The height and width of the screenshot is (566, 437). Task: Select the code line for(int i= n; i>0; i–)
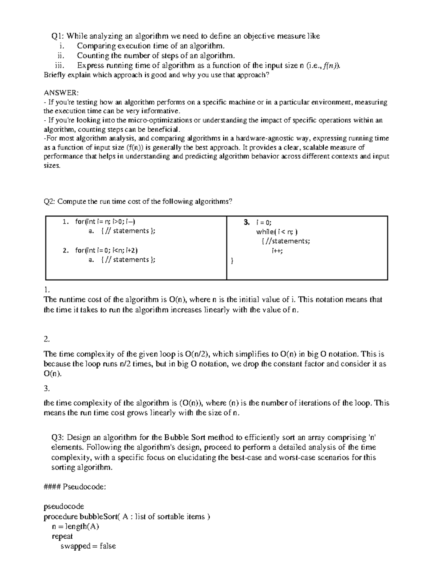107,221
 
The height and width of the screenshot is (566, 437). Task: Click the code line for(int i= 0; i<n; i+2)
107,250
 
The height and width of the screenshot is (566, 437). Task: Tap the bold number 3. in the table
247,222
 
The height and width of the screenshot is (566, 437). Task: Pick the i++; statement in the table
277,251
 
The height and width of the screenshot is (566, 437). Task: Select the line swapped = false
88,546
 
